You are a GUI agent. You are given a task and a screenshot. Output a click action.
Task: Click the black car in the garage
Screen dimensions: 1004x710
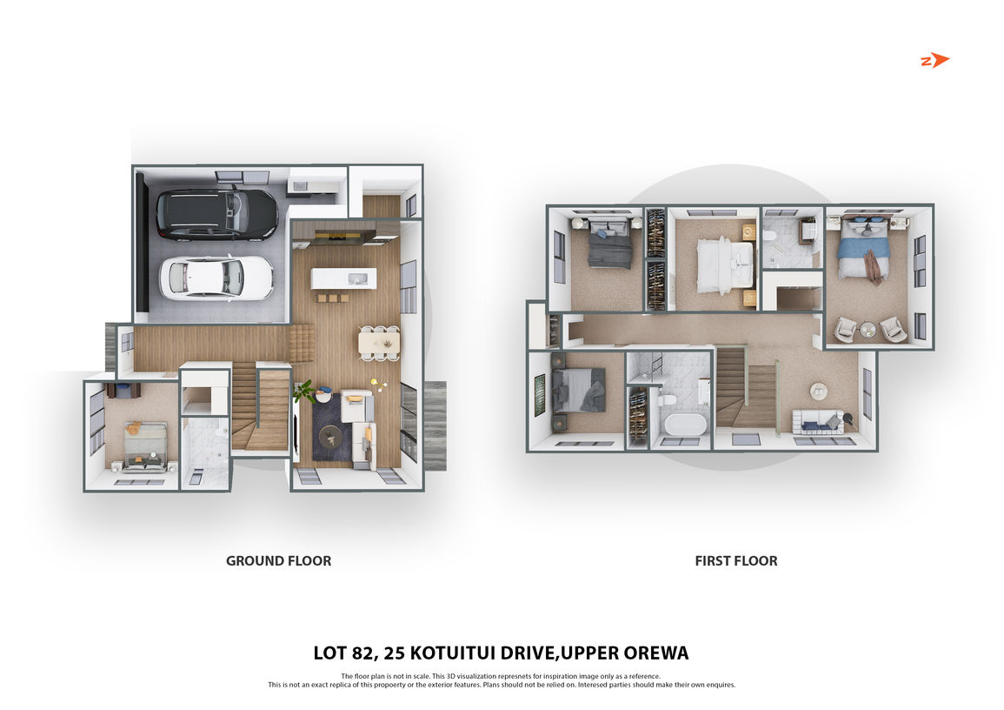pyautogui.click(x=217, y=215)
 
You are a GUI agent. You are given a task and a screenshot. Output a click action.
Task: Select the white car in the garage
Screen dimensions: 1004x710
pyautogui.click(x=216, y=278)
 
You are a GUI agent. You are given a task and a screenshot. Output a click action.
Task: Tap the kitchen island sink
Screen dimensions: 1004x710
pyautogui.click(x=357, y=278)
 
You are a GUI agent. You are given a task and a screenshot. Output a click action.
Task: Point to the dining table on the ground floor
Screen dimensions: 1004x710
pyautogui.click(x=379, y=342)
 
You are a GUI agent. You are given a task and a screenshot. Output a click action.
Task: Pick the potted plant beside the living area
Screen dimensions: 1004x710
pyautogui.click(x=305, y=391)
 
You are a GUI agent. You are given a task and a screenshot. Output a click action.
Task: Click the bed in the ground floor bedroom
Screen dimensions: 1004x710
pyautogui.click(x=145, y=446)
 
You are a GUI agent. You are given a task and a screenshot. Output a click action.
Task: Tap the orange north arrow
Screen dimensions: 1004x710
pyautogui.click(x=935, y=60)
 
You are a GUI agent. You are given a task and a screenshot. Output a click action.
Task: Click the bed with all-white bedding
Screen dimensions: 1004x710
pyautogui.click(x=725, y=264)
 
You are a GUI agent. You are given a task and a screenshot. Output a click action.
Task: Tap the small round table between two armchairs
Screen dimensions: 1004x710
pyautogui.click(x=868, y=330)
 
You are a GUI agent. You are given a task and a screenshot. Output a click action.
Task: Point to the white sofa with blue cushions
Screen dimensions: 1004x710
pyautogui.click(x=818, y=422)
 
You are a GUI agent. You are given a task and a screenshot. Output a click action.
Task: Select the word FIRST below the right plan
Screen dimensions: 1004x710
pyautogui.click(x=713, y=560)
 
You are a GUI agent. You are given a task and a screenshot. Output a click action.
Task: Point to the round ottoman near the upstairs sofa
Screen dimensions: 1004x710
pyautogui.click(x=818, y=391)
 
